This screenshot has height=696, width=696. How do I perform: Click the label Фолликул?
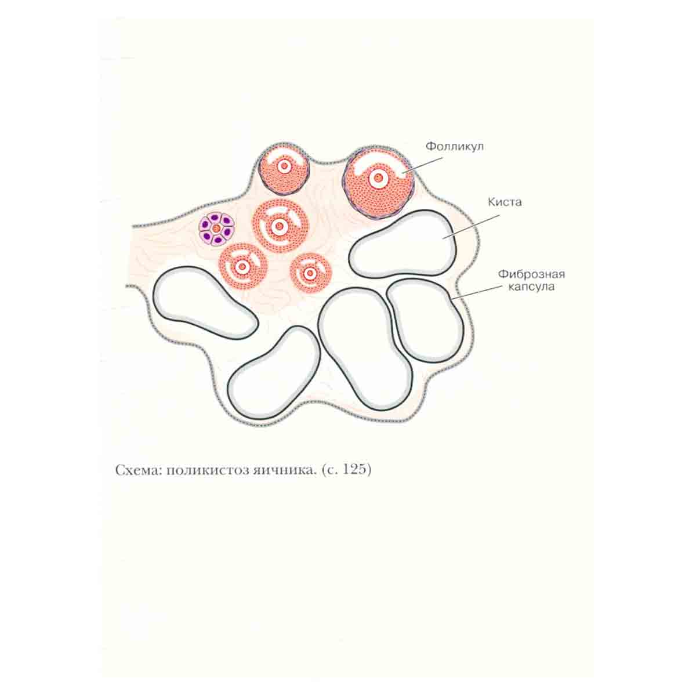[454, 147]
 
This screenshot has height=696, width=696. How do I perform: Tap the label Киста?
[505, 202]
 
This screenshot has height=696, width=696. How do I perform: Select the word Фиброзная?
[531, 274]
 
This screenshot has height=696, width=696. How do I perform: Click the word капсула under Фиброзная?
[531, 287]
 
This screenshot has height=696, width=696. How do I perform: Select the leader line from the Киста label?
[471, 227]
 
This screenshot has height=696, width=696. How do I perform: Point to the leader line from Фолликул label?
[423, 165]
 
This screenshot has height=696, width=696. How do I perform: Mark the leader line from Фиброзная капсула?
[476, 292]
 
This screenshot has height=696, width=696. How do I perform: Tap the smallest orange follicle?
[311, 273]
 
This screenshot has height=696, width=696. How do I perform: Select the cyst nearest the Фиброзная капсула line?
[426, 321]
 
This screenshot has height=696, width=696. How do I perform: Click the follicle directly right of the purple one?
[280, 226]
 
